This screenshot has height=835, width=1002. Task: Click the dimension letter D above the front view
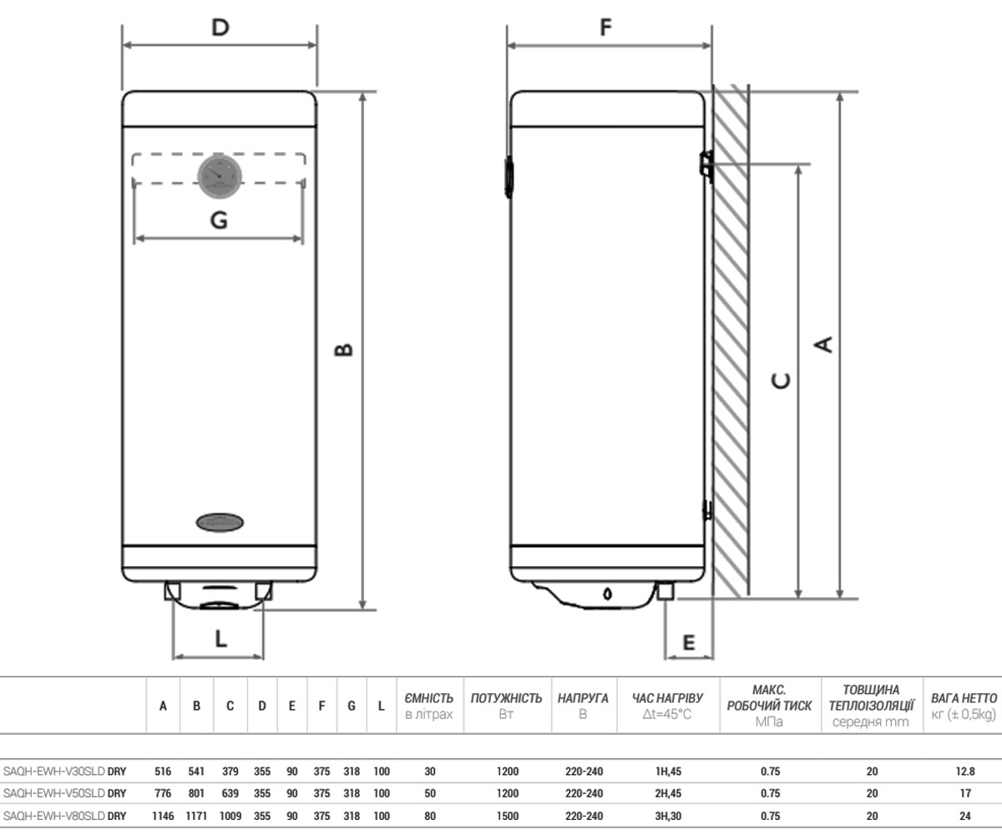[x=220, y=28]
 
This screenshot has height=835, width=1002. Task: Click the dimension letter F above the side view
[x=606, y=28]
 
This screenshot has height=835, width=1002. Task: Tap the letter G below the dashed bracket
[x=219, y=220]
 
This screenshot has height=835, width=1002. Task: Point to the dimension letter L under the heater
[x=220, y=639]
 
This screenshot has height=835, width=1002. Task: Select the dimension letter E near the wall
[x=689, y=642]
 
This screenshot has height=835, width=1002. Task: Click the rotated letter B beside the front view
[x=343, y=350]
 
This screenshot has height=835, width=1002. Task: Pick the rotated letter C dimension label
[x=781, y=381]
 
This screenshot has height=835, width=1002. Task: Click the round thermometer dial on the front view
[x=220, y=176]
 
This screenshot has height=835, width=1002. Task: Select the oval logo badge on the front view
[x=220, y=522]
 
